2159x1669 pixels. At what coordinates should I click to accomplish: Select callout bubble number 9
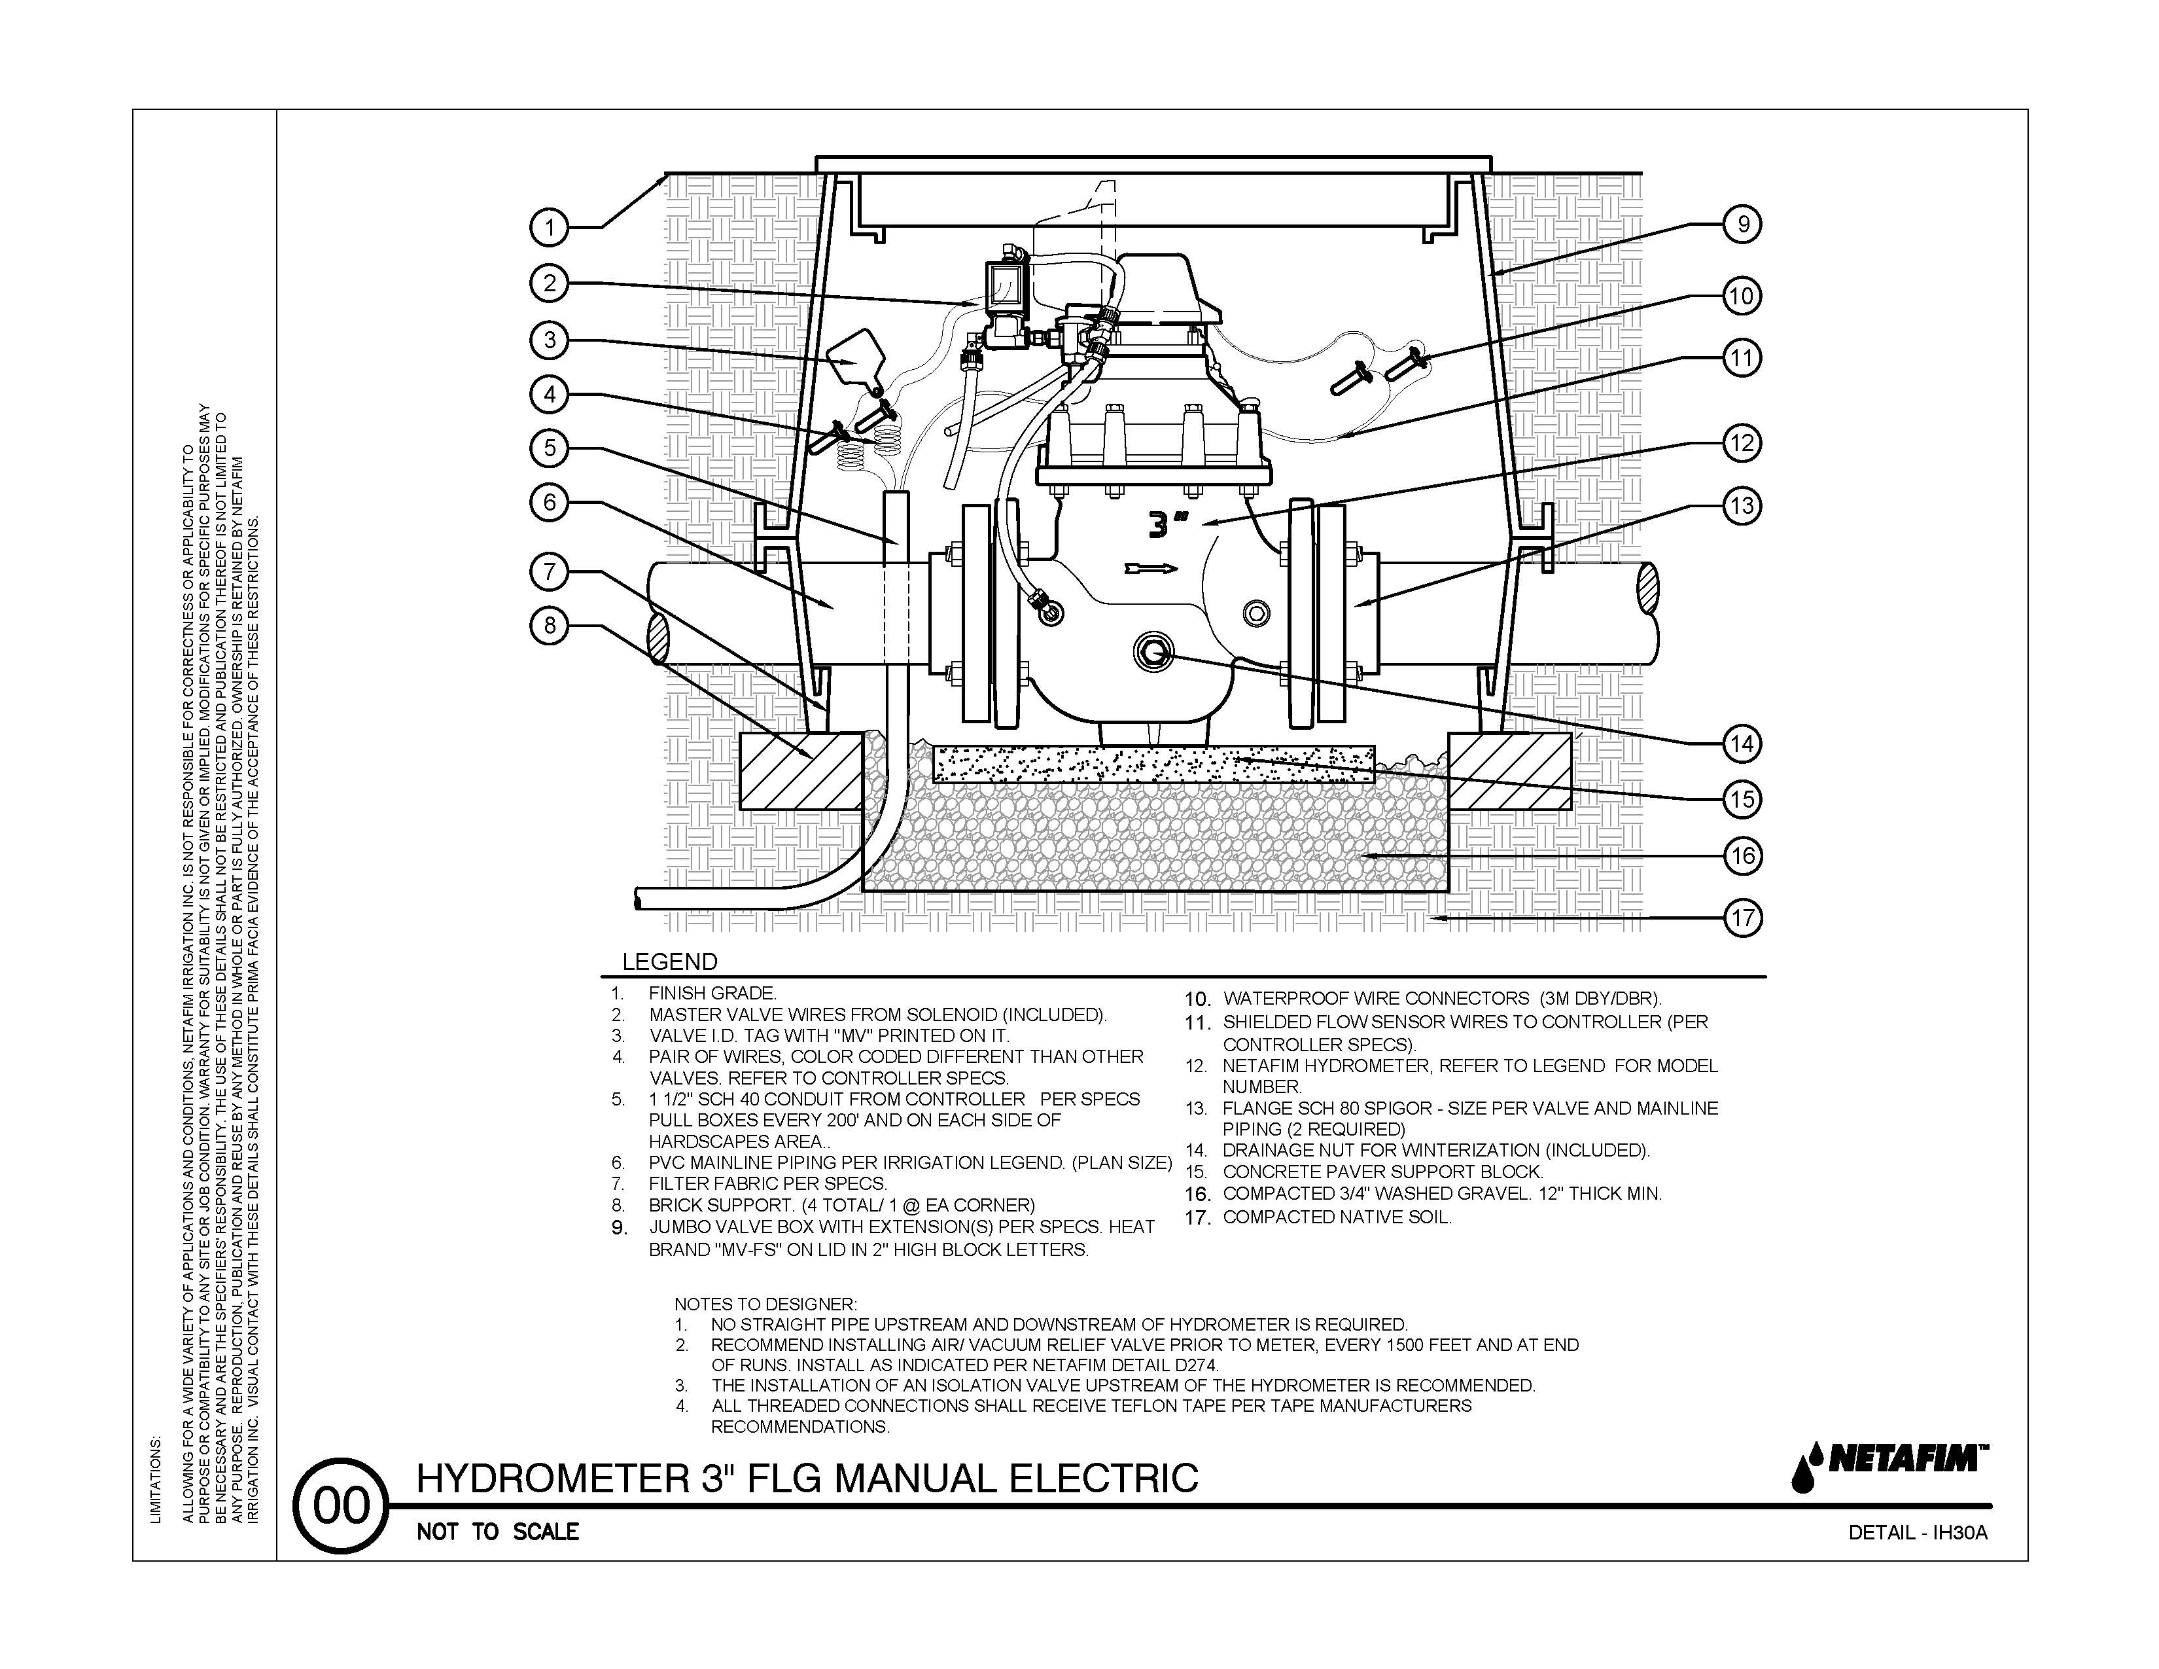(x=1743, y=224)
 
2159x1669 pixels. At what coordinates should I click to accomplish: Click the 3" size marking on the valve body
(x=1167, y=524)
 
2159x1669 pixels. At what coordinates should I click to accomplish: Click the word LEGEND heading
(x=669, y=962)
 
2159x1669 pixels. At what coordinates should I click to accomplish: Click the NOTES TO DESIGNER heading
(x=765, y=1305)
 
